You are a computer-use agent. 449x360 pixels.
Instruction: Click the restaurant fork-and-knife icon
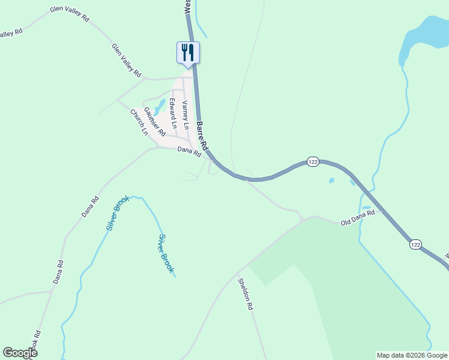(188, 52)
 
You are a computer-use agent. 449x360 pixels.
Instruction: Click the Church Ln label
(139, 122)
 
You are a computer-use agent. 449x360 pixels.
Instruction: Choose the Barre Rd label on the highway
(202, 136)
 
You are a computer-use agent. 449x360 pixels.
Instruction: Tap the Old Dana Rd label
(358, 217)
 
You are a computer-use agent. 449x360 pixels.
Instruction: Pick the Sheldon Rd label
(245, 294)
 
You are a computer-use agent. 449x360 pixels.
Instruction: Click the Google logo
(20, 353)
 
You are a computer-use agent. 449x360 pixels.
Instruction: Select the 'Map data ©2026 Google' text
(412, 355)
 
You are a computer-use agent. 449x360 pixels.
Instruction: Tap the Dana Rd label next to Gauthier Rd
(189, 152)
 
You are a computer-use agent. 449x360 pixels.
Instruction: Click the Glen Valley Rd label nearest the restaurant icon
(126, 60)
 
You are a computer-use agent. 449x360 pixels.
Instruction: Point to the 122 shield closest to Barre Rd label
(313, 163)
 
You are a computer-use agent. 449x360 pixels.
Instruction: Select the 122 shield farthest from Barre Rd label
(415, 245)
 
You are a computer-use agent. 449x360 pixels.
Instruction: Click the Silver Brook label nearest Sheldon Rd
(166, 254)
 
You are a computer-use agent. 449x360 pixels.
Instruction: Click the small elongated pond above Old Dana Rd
(366, 208)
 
